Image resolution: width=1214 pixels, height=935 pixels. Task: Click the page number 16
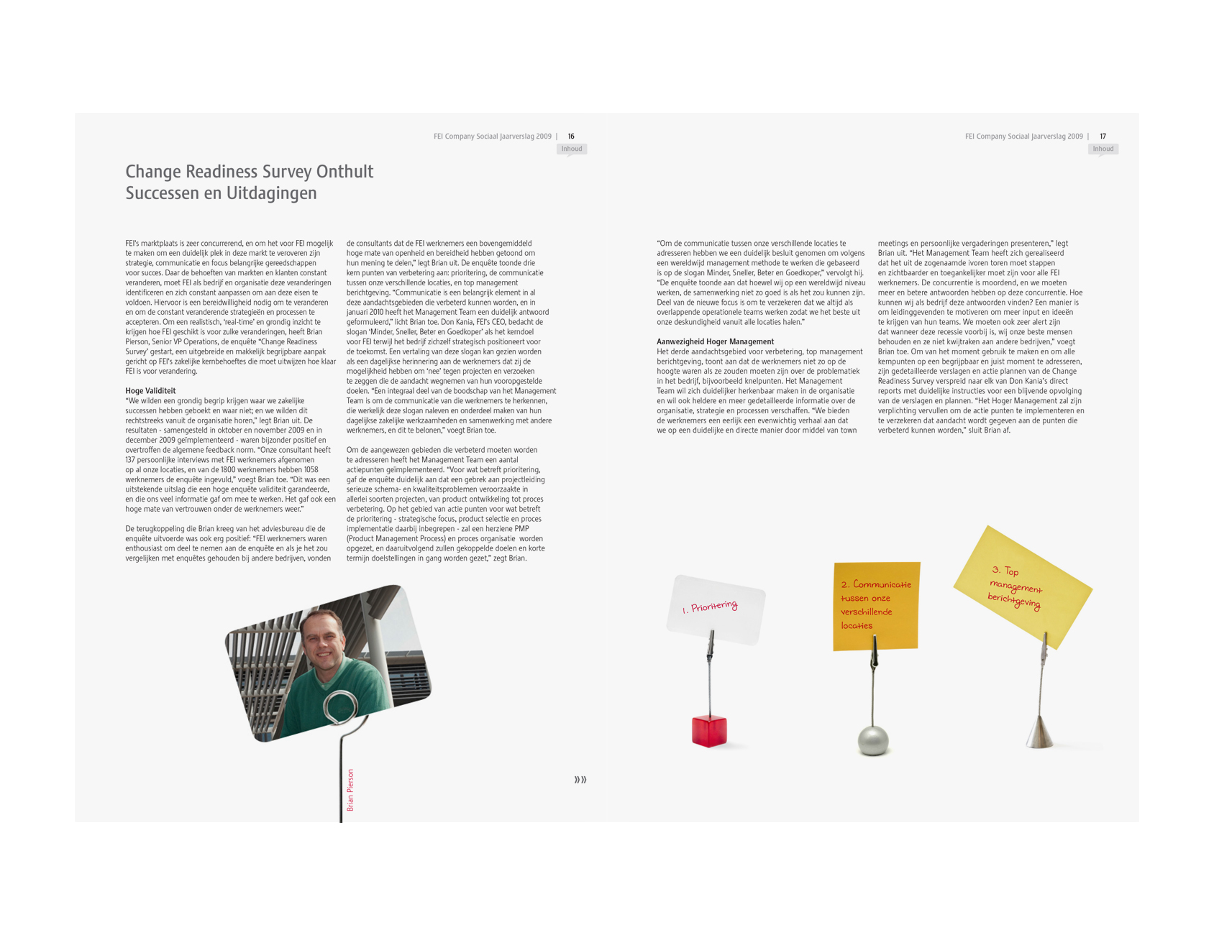[571, 137]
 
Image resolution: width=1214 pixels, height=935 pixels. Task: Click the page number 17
[1103, 137]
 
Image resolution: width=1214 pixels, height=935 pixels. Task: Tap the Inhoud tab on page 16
[572, 149]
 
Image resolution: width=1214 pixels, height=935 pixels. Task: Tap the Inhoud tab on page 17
[1103, 149]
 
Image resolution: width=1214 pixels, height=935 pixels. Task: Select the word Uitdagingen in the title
[271, 193]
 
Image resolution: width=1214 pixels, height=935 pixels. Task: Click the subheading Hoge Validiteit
[150, 391]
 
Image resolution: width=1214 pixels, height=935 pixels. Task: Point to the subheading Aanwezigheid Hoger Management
[715, 342]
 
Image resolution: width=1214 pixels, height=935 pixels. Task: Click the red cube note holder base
[709, 731]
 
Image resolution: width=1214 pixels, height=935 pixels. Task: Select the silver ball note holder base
[873, 740]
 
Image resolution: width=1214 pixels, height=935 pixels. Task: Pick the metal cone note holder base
[1039, 733]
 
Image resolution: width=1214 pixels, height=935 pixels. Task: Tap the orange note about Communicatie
[876, 605]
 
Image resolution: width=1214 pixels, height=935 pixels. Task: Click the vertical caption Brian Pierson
[351, 790]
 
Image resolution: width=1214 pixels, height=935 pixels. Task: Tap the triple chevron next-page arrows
[580, 780]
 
